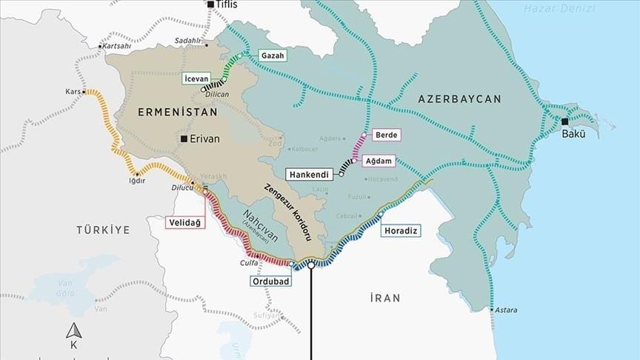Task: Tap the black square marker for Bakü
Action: [x=565, y=121]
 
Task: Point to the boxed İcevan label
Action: [x=195, y=76]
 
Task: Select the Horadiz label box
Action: [x=401, y=231]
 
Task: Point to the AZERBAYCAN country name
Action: [x=459, y=99]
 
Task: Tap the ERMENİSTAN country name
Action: [x=178, y=113]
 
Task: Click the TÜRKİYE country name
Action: [x=102, y=230]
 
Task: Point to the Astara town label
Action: [x=507, y=310]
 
